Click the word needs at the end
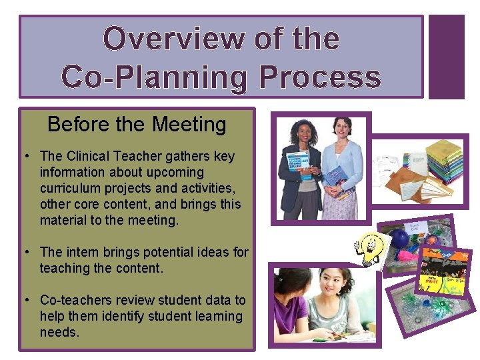click(59, 332)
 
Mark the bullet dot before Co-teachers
click(25, 301)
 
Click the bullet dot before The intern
click(25, 253)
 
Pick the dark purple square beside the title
click(446, 57)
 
